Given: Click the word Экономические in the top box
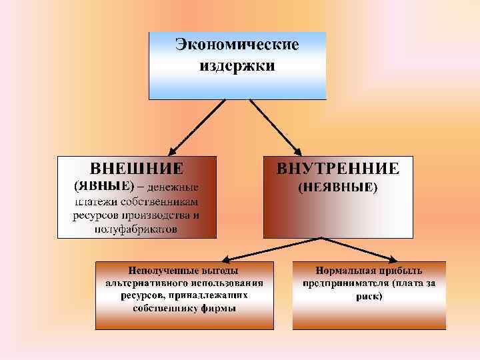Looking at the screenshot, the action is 237,46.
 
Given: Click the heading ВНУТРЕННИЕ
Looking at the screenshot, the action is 338,168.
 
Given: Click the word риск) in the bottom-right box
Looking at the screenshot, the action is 369,295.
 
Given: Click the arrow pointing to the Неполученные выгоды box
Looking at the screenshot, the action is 267,249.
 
